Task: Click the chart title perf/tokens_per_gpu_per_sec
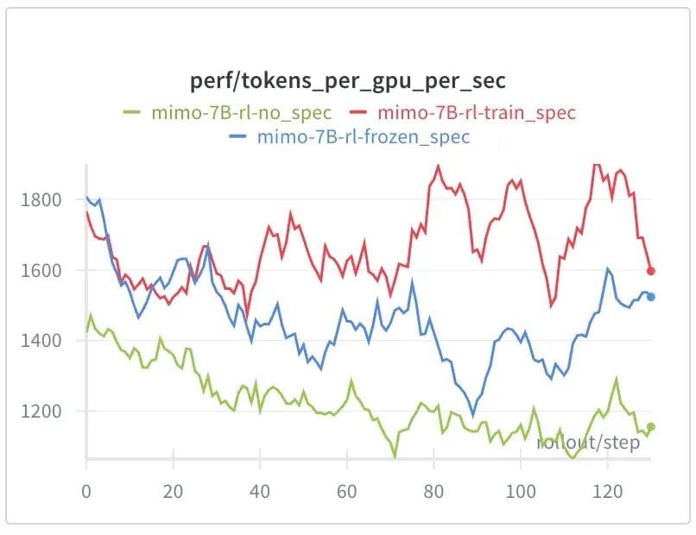348,82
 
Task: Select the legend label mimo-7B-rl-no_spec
241,112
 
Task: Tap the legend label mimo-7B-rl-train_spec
477,112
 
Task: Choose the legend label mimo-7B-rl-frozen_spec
364,136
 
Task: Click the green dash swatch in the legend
131,112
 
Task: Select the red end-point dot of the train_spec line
651,271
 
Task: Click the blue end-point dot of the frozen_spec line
651,297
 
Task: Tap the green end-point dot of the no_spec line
651,426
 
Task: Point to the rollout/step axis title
588,444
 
